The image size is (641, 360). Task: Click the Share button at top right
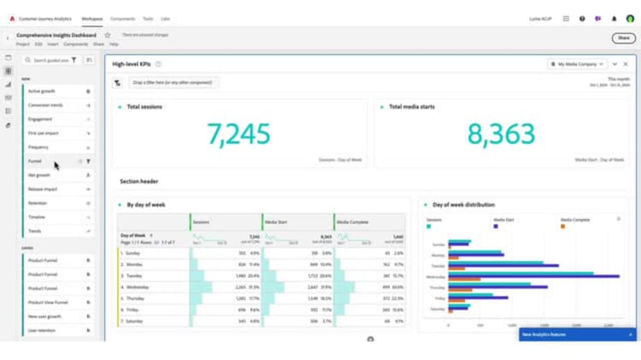pos(621,38)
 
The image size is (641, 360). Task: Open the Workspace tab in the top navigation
pos(91,18)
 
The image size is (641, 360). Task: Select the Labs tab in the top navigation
pos(165,18)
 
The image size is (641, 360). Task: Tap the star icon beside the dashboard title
pos(108,35)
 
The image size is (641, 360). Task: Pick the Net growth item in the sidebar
pos(39,174)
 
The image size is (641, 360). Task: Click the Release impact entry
pos(43,189)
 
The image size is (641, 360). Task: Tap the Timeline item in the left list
pos(38,217)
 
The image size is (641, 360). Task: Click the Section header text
pos(138,181)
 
